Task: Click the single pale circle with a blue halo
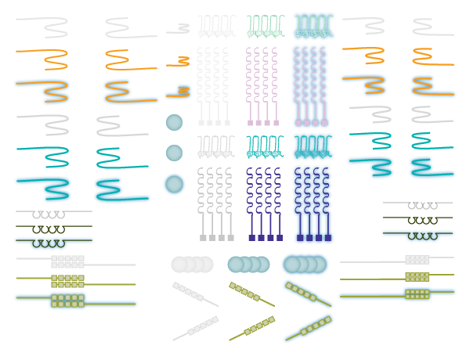point(174,184)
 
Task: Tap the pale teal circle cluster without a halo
point(248,265)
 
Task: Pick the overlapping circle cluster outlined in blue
point(305,265)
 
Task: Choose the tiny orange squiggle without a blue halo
point(183,59)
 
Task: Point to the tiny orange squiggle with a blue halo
point(179,92)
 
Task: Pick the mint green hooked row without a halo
point(264,26)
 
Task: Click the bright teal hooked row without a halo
point(264,146)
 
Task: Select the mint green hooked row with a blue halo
point(313,26)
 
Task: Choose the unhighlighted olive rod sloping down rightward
point(251,294)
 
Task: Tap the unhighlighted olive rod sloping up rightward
point(252,328)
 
